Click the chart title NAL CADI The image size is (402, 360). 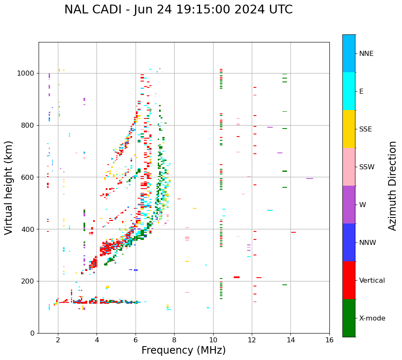click(178, 10)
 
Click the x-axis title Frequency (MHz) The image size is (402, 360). click(183, 350)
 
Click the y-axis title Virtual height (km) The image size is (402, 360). click(9, 187)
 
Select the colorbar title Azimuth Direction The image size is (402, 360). click(392, 186)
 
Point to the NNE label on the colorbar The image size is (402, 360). click(366, 54)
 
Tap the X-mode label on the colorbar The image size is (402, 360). click(372, 318)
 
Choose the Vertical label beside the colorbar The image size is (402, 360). click(372, 281)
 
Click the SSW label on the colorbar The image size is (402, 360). click(367, 167)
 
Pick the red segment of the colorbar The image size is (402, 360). click(349, 280)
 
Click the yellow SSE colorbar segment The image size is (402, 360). click(349, 129)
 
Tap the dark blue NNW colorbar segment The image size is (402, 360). click(349, 242)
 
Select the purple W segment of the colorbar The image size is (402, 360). click(349, 204)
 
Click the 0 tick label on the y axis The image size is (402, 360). click(32, 333)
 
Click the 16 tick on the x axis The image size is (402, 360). click(329, 339)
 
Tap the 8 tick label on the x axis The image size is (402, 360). click(174, 339)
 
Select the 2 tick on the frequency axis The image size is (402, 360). click(58, 339)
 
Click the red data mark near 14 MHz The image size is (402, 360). click(293, 232)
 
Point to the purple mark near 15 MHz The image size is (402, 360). click(310, 179)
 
